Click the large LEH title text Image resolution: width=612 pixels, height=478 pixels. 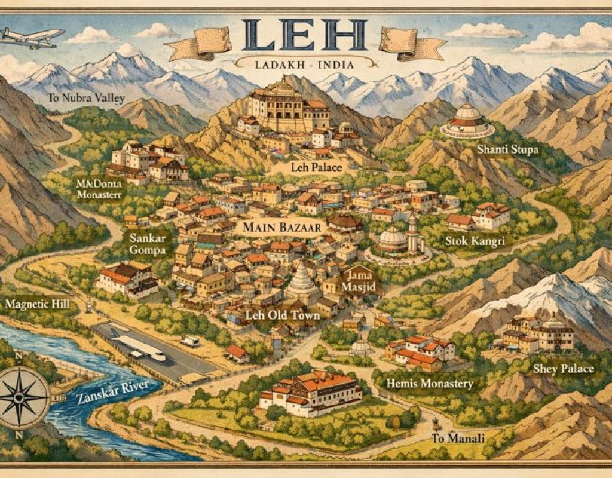pos(305,36)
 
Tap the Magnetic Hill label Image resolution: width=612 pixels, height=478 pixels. pos(37,304)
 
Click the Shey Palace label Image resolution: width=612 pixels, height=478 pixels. pos(563,369)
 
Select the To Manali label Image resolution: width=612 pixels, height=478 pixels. pos(458,439)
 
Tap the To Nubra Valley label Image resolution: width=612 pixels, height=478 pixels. pos(79,97)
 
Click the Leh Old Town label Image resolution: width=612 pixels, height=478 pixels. pos(283,315)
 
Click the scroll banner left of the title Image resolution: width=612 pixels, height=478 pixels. pos(198,43)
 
